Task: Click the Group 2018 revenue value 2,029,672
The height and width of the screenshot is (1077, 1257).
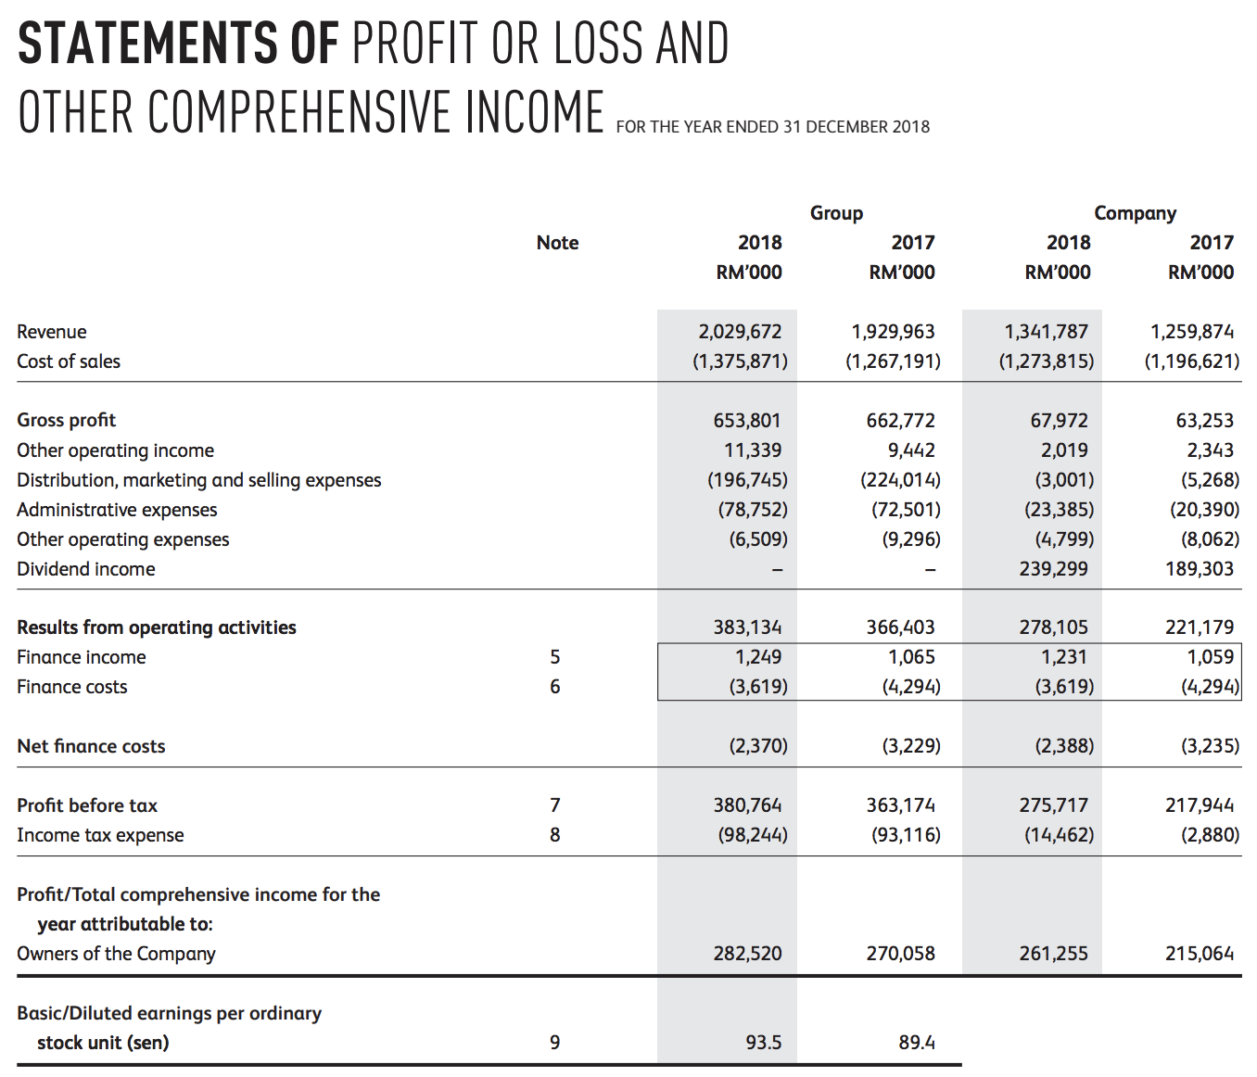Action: click(x=740, y=332)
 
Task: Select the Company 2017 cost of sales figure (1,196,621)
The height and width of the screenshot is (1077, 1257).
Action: click(x=1191, y=361)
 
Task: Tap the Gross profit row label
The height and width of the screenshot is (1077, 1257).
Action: click(x=67, y=421)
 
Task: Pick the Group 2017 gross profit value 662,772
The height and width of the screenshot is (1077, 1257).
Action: click(x=900, y=421)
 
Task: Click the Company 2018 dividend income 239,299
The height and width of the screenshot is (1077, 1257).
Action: click(x=1053, y=569)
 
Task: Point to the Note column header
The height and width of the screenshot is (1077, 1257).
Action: click(x=557, y=243)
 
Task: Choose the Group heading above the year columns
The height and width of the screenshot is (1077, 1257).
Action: click(x=836, y=213)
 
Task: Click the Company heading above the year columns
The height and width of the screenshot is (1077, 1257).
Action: click(x=1135, y=213)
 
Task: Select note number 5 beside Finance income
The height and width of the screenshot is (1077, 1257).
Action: click(x=554, y=657)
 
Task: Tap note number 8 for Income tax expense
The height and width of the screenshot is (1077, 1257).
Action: click(x=554, y=835)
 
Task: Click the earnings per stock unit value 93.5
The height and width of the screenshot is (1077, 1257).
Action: click(x=763, y=1043)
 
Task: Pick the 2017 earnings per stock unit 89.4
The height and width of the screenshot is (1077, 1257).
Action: click(x=916, y=1043)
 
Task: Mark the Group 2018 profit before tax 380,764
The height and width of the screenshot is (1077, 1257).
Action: click(x=747, y=805)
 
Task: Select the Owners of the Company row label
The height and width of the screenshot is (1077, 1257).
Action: click(x=116, y=954)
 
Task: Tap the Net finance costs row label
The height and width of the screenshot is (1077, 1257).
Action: click(x=91, y=746)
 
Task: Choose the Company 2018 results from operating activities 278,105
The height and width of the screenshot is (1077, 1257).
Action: click(x=1053, y=627)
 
